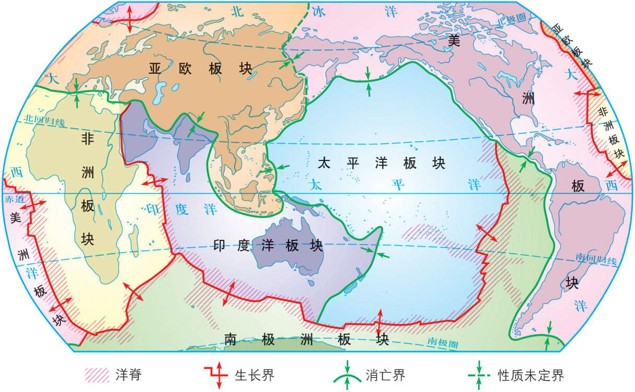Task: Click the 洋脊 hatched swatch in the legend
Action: [x=96, y=374]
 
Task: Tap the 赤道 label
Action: [x=14, y=199]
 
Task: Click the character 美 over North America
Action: [x=454, y=40]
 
